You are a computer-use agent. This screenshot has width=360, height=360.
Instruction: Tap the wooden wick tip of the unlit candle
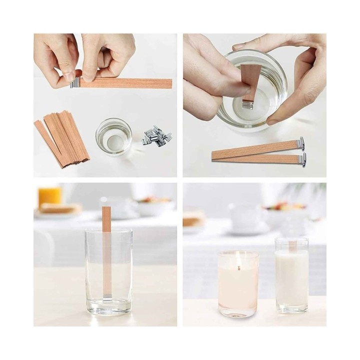(292, 244)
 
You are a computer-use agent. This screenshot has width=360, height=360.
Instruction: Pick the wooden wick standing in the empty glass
(106, 250)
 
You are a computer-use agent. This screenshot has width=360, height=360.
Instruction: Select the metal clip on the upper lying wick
(301, 143)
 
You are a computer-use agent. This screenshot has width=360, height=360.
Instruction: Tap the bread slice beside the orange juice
(60, 208)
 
